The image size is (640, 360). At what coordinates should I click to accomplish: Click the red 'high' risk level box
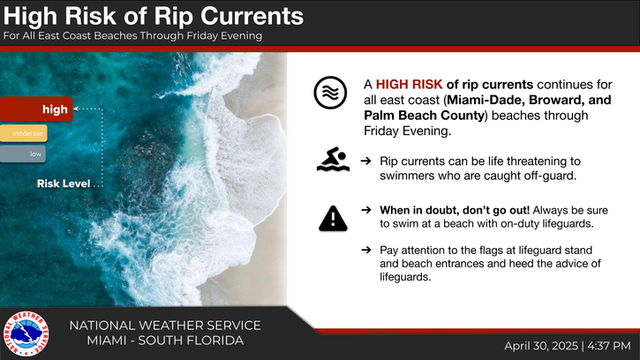[x=36, y=109]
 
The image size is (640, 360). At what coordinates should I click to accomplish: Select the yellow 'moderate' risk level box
[x=23, y=133]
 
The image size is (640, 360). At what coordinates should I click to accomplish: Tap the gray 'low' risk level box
[x=22, y=154]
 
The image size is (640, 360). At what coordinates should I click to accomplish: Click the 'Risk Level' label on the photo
[x=64, y=184]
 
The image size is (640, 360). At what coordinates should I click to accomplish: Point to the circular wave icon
[x=330, y=93]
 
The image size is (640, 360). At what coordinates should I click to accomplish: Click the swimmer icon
[x=333, y=159]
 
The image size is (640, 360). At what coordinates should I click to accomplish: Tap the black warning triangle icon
[x=333, y=218]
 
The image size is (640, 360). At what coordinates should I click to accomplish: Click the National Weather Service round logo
[x=26, y=334]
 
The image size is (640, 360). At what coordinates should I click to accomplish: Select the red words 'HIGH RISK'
[x=409, y=85]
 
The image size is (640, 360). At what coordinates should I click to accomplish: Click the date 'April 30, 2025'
[x=541, y=346]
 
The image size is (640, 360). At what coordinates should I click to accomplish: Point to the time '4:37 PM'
[x=609, y=346]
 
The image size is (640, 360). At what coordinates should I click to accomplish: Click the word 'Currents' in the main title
[x=252, y=17]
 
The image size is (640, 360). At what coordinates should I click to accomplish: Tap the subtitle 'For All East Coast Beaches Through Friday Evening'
[x=132, y=36]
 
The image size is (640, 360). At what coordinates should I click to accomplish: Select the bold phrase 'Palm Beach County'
[x=424, y=116]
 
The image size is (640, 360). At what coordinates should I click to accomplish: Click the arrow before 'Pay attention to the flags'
[x=366, y=250]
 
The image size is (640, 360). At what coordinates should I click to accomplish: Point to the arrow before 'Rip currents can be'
[x=366, y=161]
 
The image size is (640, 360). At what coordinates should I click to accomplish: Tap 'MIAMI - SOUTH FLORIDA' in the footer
[x=165, y=341]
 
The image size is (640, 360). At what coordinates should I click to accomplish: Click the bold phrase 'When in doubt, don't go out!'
[x=455, y=210]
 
